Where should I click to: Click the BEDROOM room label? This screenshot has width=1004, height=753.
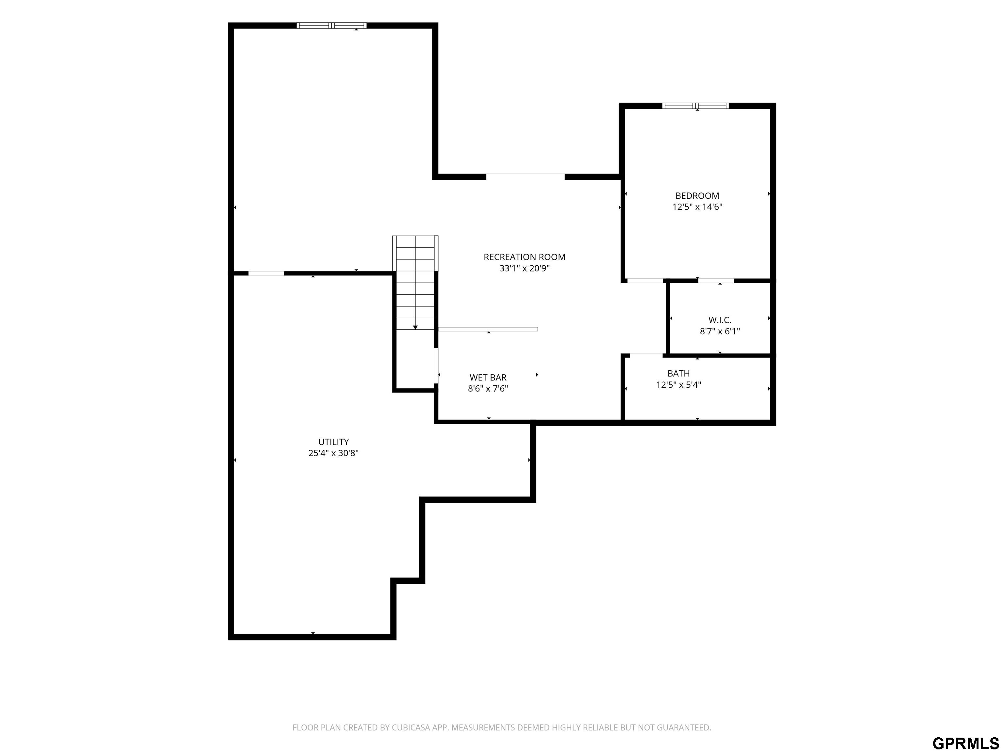[x=697, y=196]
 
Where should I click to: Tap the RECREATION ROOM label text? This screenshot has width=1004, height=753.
[x=524, y=257]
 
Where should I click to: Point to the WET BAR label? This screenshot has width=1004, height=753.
[x=488, y=377]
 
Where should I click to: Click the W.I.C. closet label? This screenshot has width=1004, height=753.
[x=720, y=320]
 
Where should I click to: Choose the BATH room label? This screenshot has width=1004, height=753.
[x=678, y=373]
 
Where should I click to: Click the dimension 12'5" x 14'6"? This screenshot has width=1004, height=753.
[x=697, y=207]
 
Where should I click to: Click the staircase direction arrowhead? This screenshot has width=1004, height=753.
[x=415, y=327]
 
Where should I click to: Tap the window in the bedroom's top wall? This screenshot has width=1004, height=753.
[x=696, y=106]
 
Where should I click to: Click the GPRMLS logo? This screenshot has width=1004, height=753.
[x=965, y=743]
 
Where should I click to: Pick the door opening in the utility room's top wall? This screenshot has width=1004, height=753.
[x=266, y=273]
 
